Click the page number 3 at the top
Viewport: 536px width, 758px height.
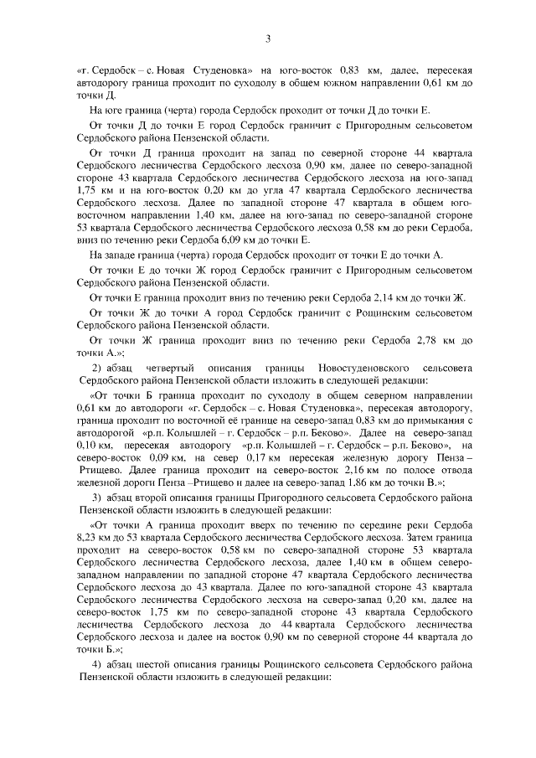(x=268, y=38)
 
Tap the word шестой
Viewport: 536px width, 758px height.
(x=161, y=664)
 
